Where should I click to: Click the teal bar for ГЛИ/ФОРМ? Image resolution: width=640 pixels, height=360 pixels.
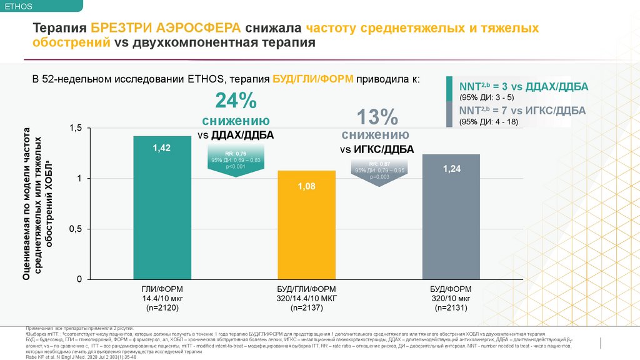(162, 212)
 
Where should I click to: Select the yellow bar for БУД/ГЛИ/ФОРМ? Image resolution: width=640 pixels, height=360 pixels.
(306, 231)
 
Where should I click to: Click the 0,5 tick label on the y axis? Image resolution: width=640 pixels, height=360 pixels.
(75, 229)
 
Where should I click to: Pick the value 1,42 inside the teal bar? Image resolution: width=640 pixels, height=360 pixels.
(162, 147)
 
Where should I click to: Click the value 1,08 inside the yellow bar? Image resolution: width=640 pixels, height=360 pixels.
(306, 186)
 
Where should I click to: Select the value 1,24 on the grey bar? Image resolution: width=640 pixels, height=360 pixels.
(451, 169)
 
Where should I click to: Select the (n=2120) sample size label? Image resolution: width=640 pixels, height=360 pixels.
(162, 308)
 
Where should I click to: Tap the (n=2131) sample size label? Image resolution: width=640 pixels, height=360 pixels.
(451, 308)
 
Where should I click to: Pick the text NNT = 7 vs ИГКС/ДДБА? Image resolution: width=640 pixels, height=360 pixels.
(522, 111)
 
